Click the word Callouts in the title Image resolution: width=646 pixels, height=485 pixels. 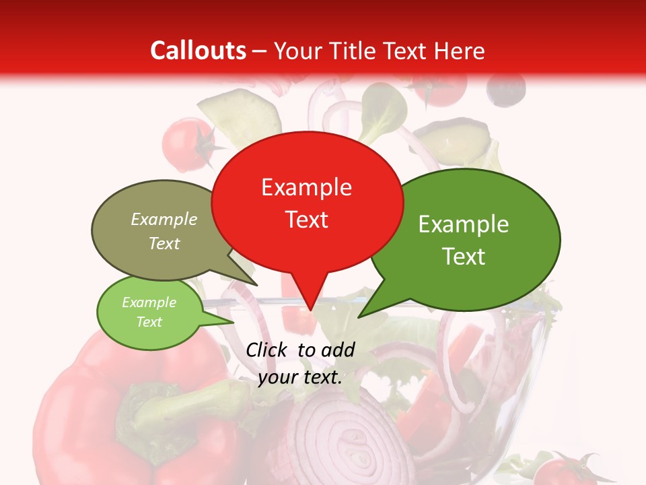[198, 51]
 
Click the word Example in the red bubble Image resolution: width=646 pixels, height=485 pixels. [306, 187]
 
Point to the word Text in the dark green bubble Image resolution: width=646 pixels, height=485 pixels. [464, 257]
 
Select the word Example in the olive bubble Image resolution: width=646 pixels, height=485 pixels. [164, 220]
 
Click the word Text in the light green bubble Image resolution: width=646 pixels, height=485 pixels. [149, 322]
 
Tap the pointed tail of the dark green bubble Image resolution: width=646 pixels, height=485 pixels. [360, 316]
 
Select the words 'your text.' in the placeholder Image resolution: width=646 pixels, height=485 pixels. [300, 378]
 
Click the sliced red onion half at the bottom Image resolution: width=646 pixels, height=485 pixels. [343, 438]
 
